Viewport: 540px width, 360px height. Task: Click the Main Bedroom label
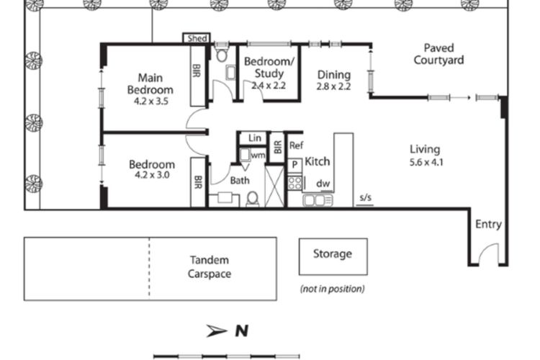(x=150, y=84)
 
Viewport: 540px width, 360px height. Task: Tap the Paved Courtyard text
(x=438, y=54)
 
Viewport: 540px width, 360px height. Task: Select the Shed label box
(x=197, y=39)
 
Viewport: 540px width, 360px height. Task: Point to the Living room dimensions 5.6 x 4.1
(x=424, y=162)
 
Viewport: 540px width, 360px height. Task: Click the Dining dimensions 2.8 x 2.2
(x=333, y=86)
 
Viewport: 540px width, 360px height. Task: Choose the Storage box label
(x=332, y=254)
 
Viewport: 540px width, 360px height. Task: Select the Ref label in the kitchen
(x=296, y=145)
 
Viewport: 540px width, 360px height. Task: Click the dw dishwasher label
(x=323, y=184)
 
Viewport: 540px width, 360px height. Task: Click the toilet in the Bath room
(x=253, y=198)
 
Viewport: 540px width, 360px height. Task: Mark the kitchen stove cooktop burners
(x=295, y=182)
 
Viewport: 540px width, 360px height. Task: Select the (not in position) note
(x=332, y=289)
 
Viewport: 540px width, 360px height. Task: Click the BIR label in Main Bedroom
(x=197, y=71)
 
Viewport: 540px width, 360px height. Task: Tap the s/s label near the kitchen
(x=365, y=199)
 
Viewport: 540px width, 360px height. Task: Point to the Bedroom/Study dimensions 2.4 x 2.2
(x=269, y=85)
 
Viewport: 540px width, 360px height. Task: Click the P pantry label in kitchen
(x=294, y=165)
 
